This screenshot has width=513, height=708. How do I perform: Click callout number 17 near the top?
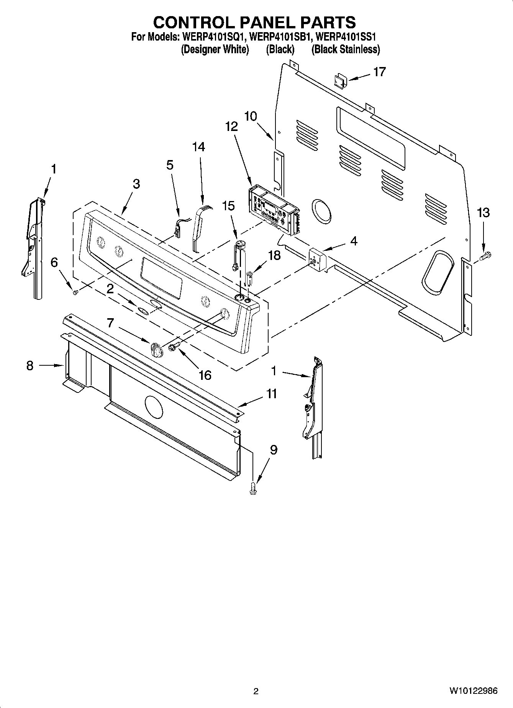pyautogui.click(x=379, y=72)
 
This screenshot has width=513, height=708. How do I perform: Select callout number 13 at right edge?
pyautogui.click(x=483, y=213)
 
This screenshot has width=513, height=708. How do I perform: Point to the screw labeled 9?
pyautogui.click(x=253, y=489)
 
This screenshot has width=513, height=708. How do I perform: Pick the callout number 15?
pyautogui.click(x=228, y=206)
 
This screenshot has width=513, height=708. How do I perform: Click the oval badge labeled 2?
pyautogui.click(x=143, y=311)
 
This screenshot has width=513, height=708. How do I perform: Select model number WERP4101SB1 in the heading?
pyautogui.click(x=282, y=38)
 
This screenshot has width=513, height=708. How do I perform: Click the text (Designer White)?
pyautogui.click(x=215, y=49)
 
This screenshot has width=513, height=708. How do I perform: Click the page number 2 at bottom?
pyautogui.click(x=256, y=691)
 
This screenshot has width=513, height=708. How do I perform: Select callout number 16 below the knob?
pyautogui.click(x=205, y=375)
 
